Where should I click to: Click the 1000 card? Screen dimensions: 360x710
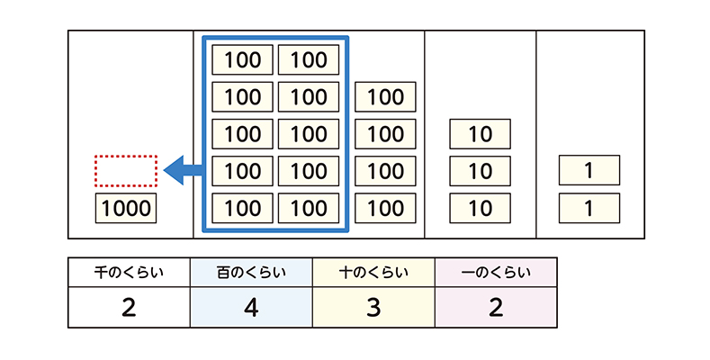click(126, 209)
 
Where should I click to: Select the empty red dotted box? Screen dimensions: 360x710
click(126, 168)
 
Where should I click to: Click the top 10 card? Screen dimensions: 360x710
click(481, 134)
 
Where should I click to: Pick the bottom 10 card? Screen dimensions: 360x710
click(481, 208)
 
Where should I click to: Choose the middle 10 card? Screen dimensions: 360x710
click(481, 171)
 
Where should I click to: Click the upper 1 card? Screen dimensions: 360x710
click(589, 171)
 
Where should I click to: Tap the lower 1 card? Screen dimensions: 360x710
click(589, 208)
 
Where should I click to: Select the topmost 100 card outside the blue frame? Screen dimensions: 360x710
click(386, 97)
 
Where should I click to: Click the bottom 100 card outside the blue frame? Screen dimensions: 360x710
click(386, 208)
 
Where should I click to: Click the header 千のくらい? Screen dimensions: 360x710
click(129, 271)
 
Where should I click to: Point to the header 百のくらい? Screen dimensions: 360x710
click(251, 271)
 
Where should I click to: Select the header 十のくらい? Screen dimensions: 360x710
click(373, 271)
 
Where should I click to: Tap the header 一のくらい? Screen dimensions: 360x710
click(496, 271)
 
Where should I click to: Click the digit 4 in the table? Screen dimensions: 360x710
click(251, 307)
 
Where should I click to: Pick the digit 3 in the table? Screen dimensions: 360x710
click(373, 307)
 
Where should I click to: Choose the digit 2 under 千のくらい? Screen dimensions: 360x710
click(129, 307)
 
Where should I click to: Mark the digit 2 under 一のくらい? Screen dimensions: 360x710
click(496, 307)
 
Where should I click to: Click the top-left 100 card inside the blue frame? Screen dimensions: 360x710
click(242, 60)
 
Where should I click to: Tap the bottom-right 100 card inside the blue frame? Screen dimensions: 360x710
click(309, 208)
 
